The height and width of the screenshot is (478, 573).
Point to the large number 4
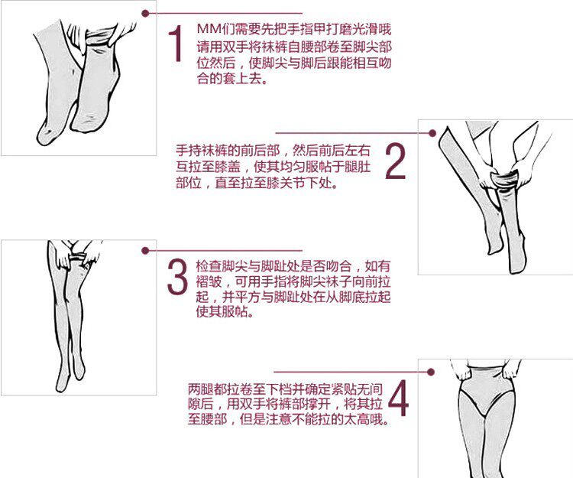[399, 397]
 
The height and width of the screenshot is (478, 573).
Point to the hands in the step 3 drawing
[77, 253]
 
